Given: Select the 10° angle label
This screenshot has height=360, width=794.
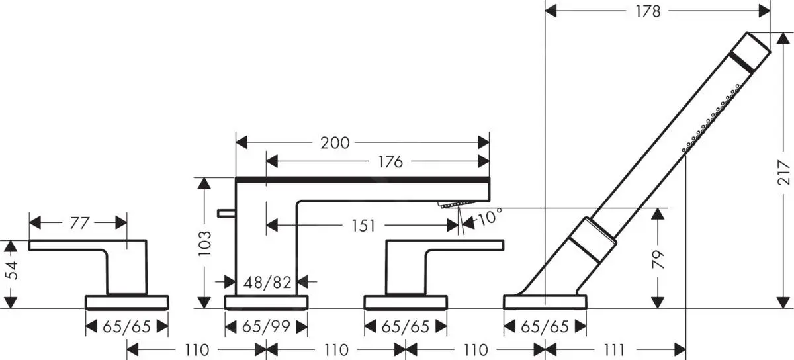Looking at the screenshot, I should click(x=490, y=216).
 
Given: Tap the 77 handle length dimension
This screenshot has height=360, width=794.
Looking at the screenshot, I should click(x=79, y=223).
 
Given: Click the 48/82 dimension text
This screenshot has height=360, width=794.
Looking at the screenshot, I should click(x=268, y=283).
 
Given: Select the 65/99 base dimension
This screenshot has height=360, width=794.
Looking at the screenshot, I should click(x=267, y=327).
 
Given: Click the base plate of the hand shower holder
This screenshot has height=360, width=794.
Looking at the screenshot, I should click(x=545, y=302).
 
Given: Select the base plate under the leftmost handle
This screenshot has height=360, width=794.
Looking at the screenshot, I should click(x=127, y=302).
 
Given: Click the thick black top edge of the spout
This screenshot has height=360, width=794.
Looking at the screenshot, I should click(x=363, y=179).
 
